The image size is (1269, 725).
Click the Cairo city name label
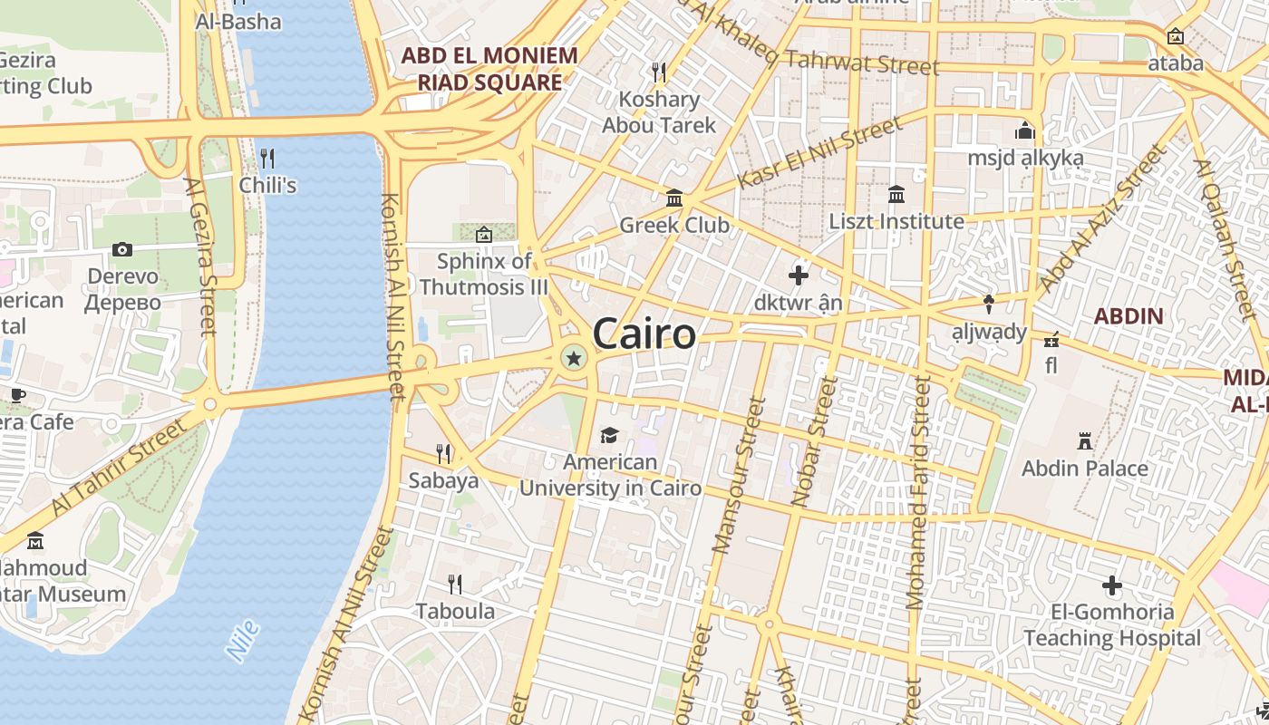(x=644, y=334)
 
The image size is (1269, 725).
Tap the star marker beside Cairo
(x=573, y=358)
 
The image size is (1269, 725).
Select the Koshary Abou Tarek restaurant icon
(x=659, y=72)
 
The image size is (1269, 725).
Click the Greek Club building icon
(x=674, y=198)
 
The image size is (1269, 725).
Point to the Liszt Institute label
(x=896, y=221)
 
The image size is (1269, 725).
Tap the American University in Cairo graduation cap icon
(x=609, y=436)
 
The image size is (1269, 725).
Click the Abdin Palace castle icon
(x=1083, y=441)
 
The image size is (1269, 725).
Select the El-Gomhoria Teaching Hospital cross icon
(x=1111, y=585)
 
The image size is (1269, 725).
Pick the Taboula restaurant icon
(x=455, y=584)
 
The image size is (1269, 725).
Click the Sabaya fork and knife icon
(x=443, y=453)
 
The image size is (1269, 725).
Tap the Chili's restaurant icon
(x=267, y=159)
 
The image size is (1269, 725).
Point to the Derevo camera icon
(x=122, y=249)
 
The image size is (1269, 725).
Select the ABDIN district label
(x=1128, y=316)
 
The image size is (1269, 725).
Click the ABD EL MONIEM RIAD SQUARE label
(x=489, y=69)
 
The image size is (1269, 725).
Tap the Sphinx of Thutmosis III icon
(x=484, y=235)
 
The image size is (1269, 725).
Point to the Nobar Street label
(x=813, y=441)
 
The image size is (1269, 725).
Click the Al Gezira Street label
(x=201, y=256)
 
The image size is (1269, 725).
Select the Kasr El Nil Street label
(x=819, y=151)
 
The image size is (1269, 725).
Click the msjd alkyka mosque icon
(x=1025, y=130)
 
